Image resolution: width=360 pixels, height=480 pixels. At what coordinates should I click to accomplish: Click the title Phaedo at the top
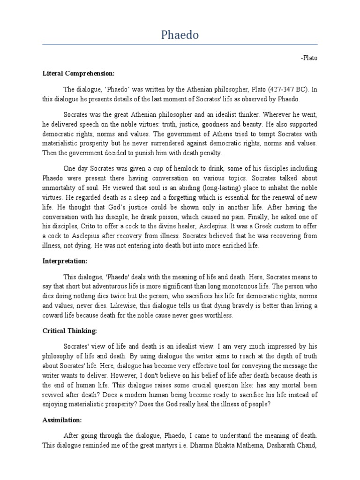(x=180, y=35)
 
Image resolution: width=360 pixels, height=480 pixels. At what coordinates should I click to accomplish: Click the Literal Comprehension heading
(x=78, y=74)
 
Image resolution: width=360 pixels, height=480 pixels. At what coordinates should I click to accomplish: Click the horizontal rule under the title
(x=180, y=45)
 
